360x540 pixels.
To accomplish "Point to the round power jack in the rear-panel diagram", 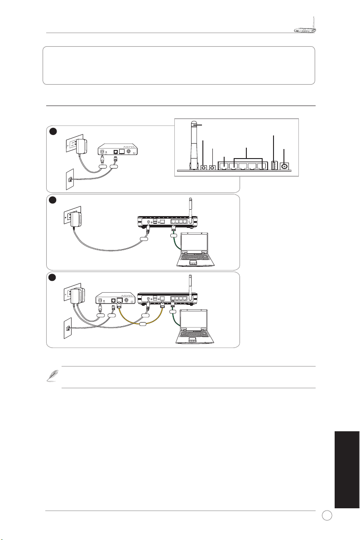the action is click(285, 166).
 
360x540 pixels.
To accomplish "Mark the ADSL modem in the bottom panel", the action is click(116, 299).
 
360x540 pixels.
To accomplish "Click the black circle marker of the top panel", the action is click(53, 131).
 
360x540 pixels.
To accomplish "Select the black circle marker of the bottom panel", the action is click(53, 277).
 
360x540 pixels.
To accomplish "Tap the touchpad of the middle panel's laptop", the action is click(193, 262).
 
